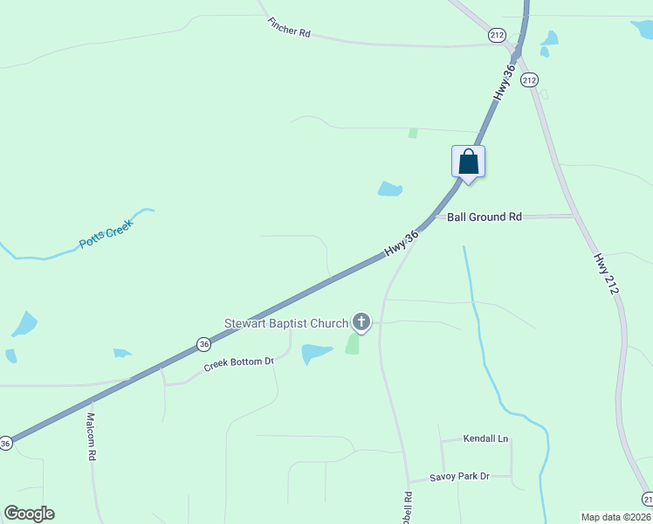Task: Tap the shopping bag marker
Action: (468, 162)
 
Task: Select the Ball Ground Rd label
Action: (484, 216)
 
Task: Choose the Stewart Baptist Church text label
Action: (286, 323)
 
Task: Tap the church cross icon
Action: (361, 322)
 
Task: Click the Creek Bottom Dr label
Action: (239, 363)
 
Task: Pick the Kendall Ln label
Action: (485, 438)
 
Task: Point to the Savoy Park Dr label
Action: (460, 477)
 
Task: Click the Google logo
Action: (29, 514)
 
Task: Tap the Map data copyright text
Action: (615, 517)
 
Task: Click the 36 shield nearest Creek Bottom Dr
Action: (203, 344)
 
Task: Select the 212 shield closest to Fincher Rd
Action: (497, 34)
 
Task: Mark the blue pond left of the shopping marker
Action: (389, 189)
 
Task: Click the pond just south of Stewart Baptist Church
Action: (316, 353)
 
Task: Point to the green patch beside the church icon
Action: (352, 344)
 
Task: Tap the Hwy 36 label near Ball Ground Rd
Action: (402, 244)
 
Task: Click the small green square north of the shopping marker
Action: (413, 134)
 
